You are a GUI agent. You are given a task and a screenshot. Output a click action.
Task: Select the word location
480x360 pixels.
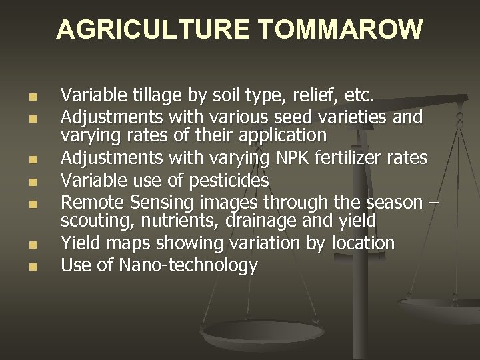pyautogui.click(x=363, y=244)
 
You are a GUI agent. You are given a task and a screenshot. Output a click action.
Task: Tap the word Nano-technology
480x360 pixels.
pyautogui.click(x=188, y=265)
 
